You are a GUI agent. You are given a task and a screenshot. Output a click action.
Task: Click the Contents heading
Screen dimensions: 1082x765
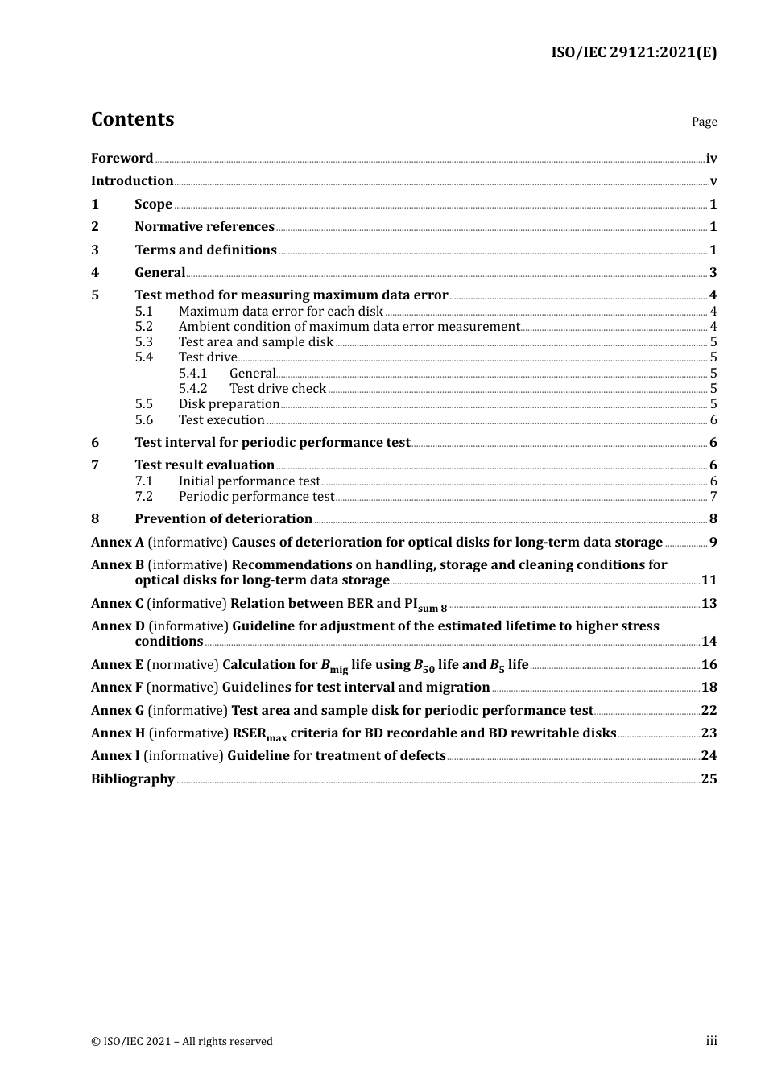pos(132,119)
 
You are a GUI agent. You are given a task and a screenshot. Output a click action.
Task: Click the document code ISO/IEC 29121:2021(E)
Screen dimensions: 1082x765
pos(634,52)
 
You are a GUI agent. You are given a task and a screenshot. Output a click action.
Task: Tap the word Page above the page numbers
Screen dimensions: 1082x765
pos(704,122)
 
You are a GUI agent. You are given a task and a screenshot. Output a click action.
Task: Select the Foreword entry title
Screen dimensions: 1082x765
pos(122,159)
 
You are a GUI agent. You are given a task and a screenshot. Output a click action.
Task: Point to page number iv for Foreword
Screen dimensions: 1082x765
pos(711,159)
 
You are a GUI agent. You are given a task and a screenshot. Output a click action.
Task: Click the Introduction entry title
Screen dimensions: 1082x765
pos(132,181)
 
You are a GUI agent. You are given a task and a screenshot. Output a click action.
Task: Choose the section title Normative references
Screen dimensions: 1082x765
pos(205,227)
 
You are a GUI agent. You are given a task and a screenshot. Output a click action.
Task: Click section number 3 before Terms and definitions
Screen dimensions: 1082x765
pos(95,250)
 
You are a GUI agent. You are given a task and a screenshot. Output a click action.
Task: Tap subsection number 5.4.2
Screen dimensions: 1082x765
pos(192,389)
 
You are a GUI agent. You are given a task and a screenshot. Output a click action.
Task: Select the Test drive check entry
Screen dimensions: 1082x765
pos(278,389)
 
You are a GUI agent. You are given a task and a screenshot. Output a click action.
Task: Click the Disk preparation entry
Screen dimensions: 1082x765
pos(229,404)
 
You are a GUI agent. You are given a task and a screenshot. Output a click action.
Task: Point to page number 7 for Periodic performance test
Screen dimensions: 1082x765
pos(713,497)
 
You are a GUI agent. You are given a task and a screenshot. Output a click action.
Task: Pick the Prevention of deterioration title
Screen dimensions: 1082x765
pos(223,519)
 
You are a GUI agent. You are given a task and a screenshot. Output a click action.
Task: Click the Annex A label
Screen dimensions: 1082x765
pos(118,543)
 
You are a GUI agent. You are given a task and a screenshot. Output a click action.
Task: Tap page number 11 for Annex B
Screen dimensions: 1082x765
pos(709,580)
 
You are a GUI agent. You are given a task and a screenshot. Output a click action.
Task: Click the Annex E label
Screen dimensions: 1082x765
pos(117,665)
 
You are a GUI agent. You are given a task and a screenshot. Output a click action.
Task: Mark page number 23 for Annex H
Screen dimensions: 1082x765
pos(709,733)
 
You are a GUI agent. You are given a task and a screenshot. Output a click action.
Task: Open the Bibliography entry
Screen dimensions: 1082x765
pos(133,779)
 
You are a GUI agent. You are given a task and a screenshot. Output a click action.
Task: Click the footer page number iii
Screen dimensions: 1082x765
pos(711,1041)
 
